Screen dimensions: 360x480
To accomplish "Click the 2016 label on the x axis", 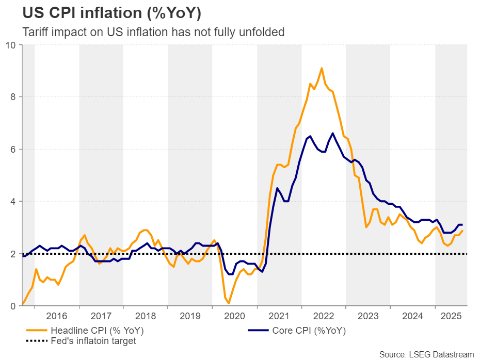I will pyautogui.click(x=57, y=316).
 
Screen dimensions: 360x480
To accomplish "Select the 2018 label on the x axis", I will pyautogui.click(x=146, y=316).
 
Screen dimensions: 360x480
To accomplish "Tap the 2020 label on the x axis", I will pyautogui.click(x=235, y=316).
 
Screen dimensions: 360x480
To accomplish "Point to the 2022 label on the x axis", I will pyautogui.click(x=324, y=316).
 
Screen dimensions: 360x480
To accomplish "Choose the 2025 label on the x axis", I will pyautogui.click(x=452, y=316).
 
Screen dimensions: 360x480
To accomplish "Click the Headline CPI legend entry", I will pyautogui.click(x=95, y=331).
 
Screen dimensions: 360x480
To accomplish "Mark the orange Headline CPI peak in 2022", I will pyautogui.click(x=322, y=68).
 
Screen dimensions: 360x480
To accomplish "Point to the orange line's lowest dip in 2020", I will pyautogui.click(x=229, y=303).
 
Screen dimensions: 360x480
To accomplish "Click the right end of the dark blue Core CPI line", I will pyautogui.click(x=461, y=225).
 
